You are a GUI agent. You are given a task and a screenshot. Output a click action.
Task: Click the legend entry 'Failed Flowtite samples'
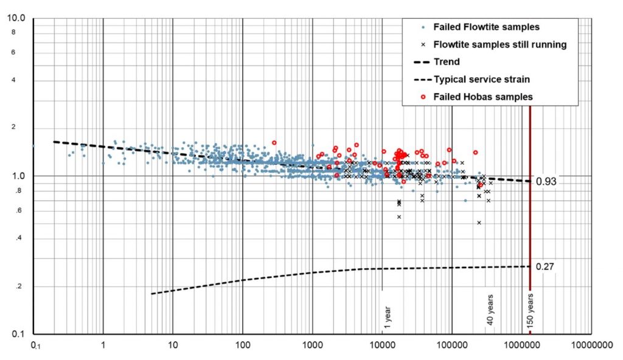(x=486, y=27)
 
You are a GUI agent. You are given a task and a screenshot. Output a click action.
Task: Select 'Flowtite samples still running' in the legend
(x=500, y=44)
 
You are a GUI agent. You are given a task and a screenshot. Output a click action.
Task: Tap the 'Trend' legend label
(x=447, y=61)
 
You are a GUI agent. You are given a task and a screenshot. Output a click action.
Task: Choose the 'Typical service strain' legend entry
(x=481, y=79)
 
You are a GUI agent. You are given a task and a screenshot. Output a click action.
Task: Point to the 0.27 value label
(x=546, y=266)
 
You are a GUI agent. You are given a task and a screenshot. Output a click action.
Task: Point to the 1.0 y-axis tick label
(x=19, y=176)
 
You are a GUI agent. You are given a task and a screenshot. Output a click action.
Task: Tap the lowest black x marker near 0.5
(x=479, y=223)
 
